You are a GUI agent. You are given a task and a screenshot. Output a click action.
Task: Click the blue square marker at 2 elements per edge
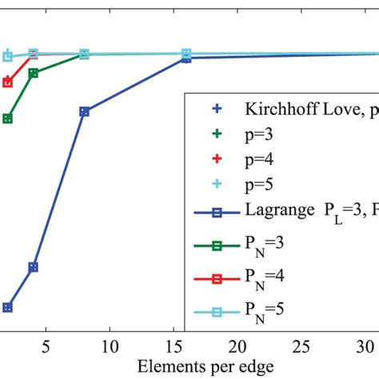[8, 307]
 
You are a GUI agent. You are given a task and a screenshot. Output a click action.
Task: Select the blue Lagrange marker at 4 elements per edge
[34, 267]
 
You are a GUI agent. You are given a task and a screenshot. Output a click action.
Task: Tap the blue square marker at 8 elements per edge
[84, 112]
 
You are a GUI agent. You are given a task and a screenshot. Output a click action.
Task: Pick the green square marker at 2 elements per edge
[8, 118]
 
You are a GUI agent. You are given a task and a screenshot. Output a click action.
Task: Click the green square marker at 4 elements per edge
[34, 73]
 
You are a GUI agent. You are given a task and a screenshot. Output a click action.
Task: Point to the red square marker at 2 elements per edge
[8, 82]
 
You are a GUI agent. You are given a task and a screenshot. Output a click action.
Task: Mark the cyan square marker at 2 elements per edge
[8, 56]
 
